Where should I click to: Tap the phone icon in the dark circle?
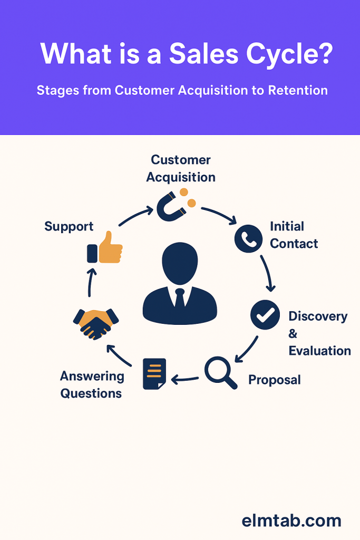248,238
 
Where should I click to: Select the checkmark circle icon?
265,315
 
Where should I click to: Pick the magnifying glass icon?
220,372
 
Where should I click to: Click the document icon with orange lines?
154,374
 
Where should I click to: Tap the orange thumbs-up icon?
105,248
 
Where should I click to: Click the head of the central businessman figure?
180,264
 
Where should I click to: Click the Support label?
69,227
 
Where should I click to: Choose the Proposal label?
274,380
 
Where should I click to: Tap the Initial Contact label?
293,235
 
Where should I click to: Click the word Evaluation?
319,351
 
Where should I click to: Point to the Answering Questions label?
92,385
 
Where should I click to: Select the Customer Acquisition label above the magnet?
181,168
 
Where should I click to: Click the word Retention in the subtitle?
298,91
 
